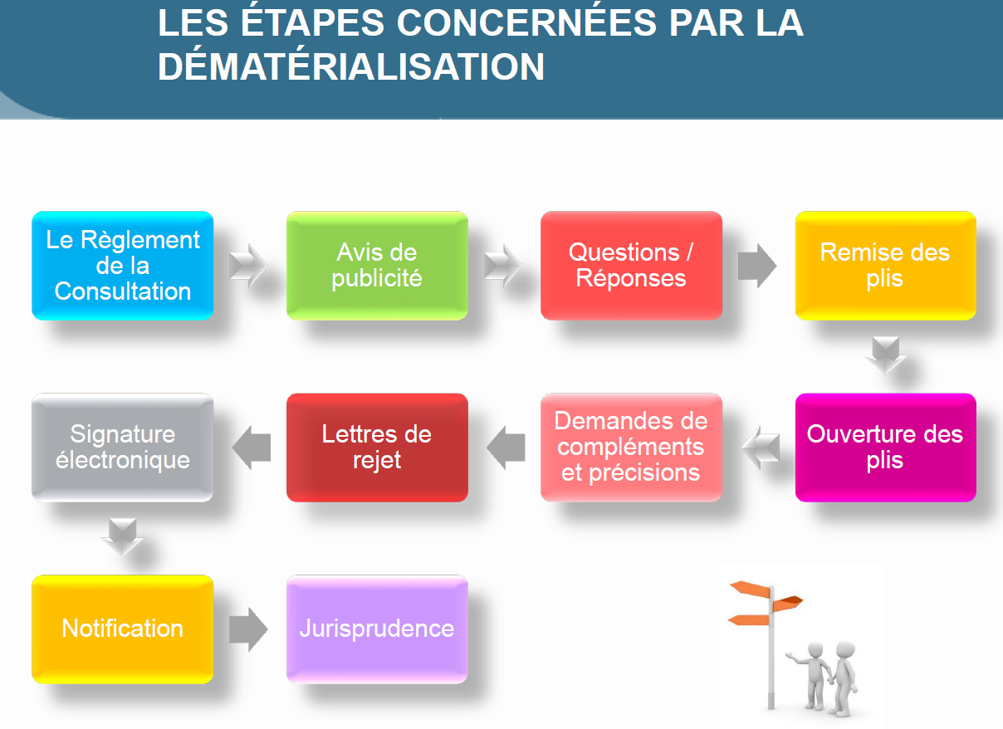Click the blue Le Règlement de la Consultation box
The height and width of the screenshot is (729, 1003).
coord(122,266)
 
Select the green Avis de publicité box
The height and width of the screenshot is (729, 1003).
coord(377,266)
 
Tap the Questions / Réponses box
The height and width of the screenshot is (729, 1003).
coord(631,266)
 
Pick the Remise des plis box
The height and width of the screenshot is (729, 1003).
coord(886,266)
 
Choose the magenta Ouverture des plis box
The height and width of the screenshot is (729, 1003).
coord(886,448)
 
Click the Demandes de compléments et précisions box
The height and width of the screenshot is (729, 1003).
coord(631,448)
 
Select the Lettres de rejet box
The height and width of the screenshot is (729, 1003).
coord(377,448)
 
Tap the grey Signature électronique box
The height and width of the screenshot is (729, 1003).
coord(122,448)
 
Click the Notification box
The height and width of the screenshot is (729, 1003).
coord(122,629)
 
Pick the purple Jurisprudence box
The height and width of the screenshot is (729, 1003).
coord(377,629)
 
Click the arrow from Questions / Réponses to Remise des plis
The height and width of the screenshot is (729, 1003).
coord(757,266)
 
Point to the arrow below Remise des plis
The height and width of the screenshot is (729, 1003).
coord(886,355)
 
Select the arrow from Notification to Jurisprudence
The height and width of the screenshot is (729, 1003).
coord(248,629)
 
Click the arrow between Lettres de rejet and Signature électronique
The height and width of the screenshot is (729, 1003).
coord(252,448)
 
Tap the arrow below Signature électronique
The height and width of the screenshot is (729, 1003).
coord(122,537)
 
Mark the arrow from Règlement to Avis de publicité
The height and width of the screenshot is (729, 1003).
coord(248,266)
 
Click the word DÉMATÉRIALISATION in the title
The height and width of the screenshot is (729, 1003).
coord(351,66)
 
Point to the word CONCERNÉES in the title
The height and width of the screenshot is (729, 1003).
coord(526,22)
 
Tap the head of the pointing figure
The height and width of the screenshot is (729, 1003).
coord(815,650)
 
